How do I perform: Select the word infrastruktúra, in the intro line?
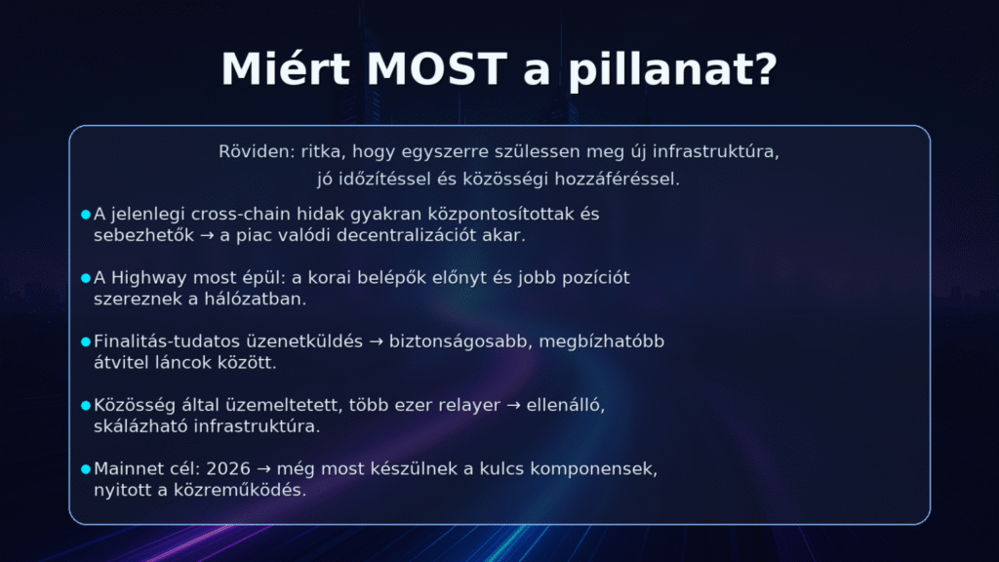[716, 153]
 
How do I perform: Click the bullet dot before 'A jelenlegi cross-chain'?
[86, 214]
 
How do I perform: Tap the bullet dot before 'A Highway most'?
[86, 278]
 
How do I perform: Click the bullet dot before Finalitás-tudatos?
[86, 341]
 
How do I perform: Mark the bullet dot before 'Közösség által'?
[86, 405]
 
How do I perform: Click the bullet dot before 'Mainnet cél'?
[86, 469]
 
